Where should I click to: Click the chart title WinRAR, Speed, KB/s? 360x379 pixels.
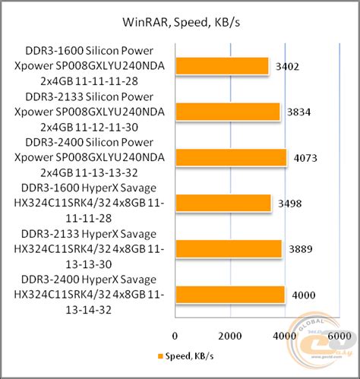pos(179,21)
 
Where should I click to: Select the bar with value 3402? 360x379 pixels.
pos(222,66)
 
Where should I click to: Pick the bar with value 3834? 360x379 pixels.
pos(228,112)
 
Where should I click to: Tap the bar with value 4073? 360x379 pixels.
pos(231,157)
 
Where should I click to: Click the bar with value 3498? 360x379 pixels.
pos(223,203)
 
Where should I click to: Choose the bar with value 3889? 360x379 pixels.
pos(229,248)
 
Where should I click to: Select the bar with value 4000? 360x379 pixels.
pos(230,294)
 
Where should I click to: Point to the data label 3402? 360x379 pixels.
pos(289,67)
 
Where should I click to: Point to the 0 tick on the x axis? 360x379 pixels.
pos(175,334)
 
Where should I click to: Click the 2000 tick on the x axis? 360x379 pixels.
pos(230,334)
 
